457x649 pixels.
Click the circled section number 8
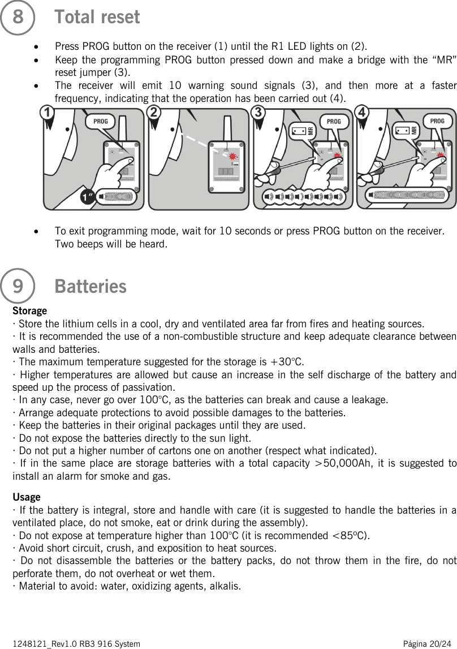pyautogui.click(x=18, y=17)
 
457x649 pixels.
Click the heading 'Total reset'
pyautogui.click(x=97, y=17)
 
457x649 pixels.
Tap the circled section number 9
pyautogui.click(x=18, y=286)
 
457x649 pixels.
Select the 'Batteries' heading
pyautogui.click(x=90, y=287)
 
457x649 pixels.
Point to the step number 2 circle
pyautogui.click(x=153, y=113)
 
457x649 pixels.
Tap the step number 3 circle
pyautogui.click(x=258, y=113)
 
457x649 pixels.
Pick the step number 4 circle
pyautogui.click(x=363, y=113)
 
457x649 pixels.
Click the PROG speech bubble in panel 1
pyautogui.click(x=101, y=121)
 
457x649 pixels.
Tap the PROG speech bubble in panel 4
pyautogui.click(x=437, y=121)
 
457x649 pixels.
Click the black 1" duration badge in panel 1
pyautogui.click(x=87, y=199)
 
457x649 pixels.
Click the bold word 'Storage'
pyautogui.click(x=29, y=311)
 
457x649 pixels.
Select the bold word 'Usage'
pyautogui.click(x=26, y=497)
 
